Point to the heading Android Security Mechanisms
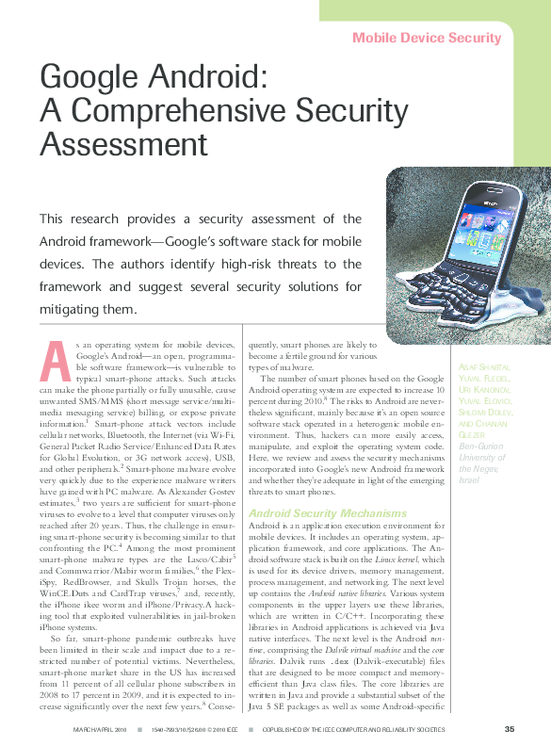point(314,512)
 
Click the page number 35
point(509,729)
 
